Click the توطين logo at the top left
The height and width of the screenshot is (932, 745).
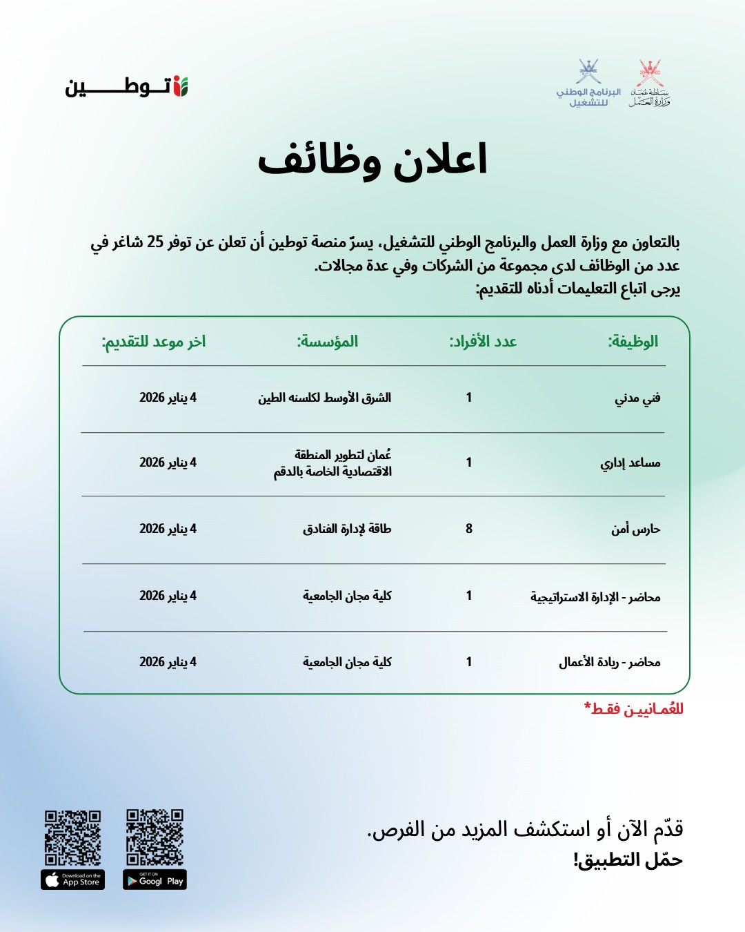coord(127,86)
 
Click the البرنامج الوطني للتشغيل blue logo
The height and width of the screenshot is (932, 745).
coord(588,84)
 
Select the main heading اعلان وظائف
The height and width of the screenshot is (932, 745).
coord(372,160)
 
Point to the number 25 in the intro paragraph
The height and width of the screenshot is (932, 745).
coord(155,242)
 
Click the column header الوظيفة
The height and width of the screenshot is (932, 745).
coord(633,341)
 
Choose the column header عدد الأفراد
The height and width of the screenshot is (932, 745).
coord(483,341)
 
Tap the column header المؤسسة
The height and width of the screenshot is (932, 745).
coord(328,341)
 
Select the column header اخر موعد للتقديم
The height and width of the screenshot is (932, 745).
coord(154,341)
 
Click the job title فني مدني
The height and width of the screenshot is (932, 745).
coord(637,398)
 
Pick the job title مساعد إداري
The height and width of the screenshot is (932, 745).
coord(630,463)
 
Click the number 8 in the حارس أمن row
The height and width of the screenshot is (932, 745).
coord(469,529)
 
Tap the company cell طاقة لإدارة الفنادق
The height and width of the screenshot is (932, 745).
coord(347,529)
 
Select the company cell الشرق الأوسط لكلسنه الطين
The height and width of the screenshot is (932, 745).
coord(325,398)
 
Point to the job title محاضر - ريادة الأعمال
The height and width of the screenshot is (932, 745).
coord(610,662)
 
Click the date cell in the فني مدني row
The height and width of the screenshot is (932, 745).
coord(168,398)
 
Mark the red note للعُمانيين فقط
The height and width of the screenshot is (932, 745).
coord(634,709)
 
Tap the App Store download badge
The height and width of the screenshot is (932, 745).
coord(73,880)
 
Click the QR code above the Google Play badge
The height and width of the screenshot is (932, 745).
coord(155,837)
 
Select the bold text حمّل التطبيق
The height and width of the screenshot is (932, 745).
coord(628,860)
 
